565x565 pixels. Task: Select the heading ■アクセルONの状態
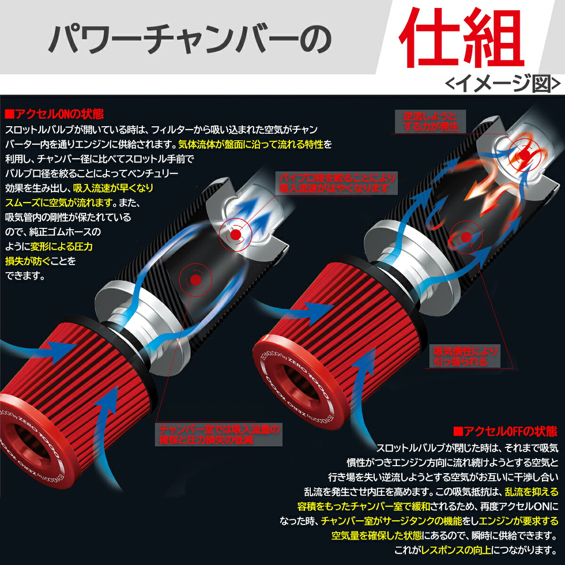[55, 114]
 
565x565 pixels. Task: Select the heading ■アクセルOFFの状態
[505, 431]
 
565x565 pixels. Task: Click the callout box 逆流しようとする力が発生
[430, 121]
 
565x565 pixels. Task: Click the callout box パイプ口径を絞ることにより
[337, 183]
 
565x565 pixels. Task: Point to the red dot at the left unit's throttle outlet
[235, 234]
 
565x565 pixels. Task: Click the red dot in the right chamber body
[466, 237]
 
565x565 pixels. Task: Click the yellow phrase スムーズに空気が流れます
[59, 202]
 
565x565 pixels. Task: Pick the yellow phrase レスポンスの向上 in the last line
[456, 550]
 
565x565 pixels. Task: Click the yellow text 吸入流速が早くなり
[113, 188]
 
